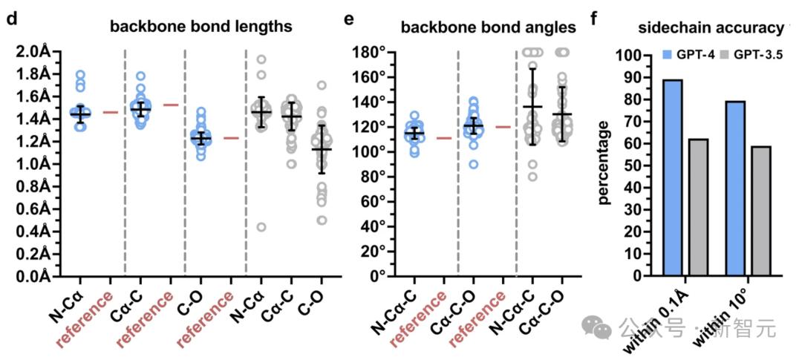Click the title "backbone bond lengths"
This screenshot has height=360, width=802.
click(200, 27)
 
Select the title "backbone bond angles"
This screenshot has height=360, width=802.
click(488, 27)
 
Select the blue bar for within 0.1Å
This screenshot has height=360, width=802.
click(672, 177)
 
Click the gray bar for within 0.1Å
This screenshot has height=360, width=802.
click(698, 207)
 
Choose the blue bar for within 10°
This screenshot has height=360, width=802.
click(735, 189)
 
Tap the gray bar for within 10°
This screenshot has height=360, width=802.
click(760, 211)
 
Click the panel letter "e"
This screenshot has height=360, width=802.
click(349, 18)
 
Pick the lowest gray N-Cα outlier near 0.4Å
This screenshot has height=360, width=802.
click(261, 227)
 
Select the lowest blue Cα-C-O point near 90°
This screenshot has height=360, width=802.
click(472, 164)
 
